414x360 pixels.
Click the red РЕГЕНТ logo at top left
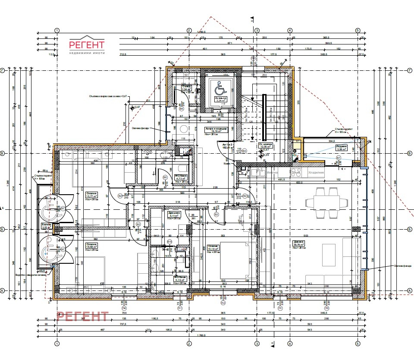pyautogui.click(x=87, y=45)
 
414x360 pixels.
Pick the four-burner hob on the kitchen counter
pyautogui.click(x=297, y=173)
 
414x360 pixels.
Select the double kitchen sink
pyautogui.click(x=260, y=173)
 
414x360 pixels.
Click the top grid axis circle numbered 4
pyautogui.click(x=290, y=30)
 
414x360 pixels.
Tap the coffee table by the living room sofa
pyautogui.click(x=329, y=255)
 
